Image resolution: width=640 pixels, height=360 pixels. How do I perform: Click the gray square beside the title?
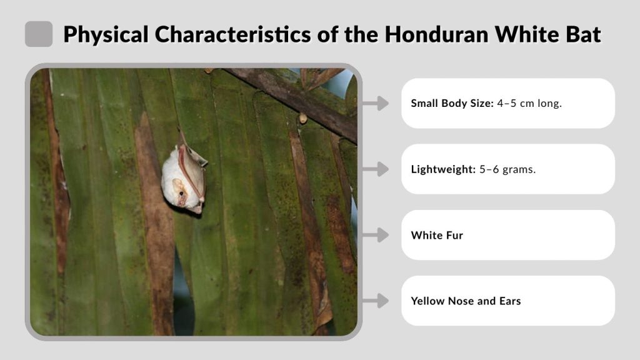point(39,34)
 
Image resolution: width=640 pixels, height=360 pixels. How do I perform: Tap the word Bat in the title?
point(581,34)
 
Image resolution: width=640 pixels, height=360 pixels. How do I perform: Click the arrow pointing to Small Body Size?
point(375,103)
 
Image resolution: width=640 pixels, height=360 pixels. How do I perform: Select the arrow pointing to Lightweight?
point(375,169)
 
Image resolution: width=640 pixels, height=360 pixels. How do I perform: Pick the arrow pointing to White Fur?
point(375,235)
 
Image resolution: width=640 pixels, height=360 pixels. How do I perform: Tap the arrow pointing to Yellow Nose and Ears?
point(375,301)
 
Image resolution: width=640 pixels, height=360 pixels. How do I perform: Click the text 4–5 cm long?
point(529,103)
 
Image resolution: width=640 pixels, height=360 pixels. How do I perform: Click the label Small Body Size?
point(451,103)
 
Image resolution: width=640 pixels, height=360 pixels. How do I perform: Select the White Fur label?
point(437,235)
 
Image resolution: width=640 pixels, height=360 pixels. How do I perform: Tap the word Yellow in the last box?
point(427,301)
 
